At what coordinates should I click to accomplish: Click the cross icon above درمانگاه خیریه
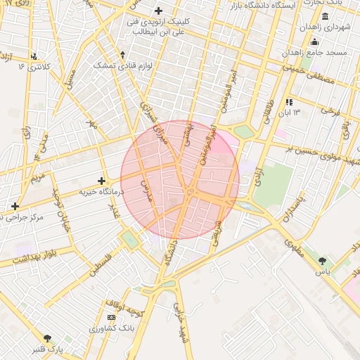[102, 181]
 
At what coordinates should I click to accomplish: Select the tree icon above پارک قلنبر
[47, 338]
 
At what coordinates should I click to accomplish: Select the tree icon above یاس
[322, 261]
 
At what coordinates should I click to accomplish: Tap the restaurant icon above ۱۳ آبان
[288, 102]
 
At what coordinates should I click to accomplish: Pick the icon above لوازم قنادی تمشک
[122, 55]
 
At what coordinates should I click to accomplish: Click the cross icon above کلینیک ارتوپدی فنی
[158, 11]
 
